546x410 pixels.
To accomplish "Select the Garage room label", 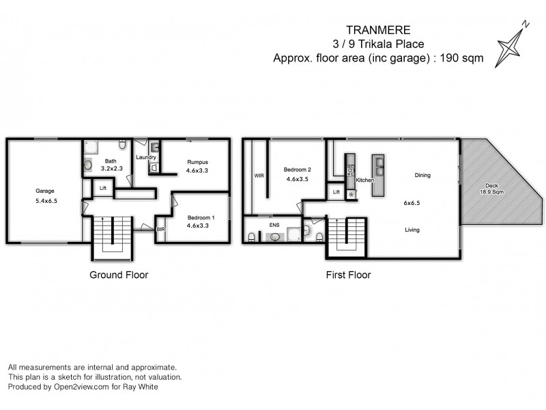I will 45,191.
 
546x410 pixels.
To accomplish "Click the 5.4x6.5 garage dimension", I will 45,202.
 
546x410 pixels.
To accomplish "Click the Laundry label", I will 147,158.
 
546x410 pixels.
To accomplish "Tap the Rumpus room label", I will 197,162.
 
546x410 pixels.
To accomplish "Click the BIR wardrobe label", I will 161,230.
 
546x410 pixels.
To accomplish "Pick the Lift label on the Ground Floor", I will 103,188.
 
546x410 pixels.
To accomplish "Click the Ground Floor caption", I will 119,275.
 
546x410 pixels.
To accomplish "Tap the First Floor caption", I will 348,275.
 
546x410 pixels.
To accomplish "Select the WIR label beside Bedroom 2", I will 259,176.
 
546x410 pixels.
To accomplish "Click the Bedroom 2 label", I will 298,169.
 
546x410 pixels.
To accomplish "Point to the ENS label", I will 274,223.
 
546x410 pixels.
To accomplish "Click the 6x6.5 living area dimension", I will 412,203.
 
